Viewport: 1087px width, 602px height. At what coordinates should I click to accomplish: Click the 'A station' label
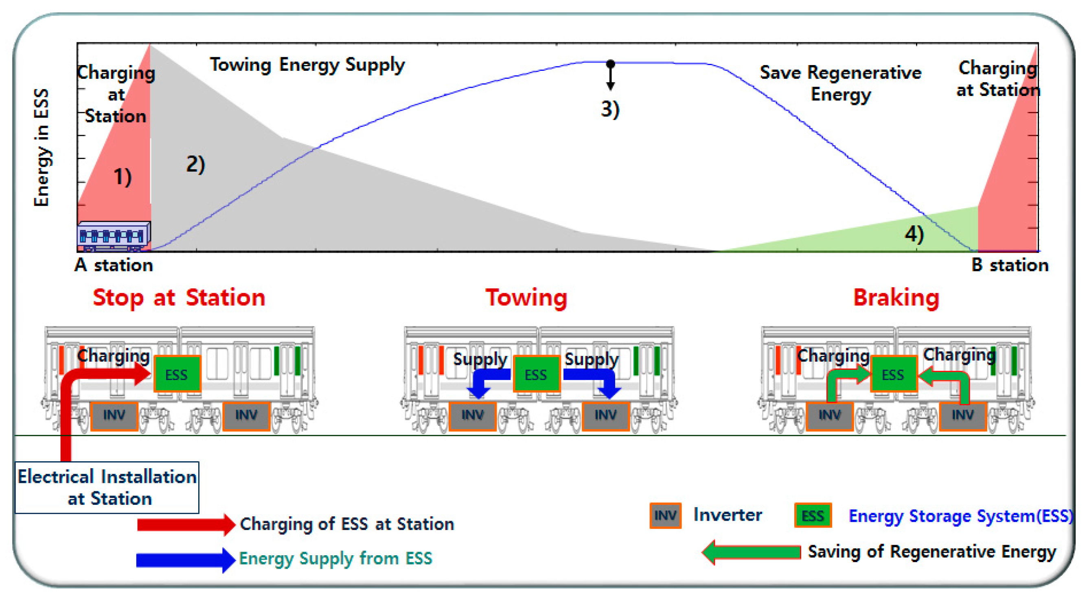coord(114,265)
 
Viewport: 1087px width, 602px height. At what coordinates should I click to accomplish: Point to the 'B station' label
coord(1009,265)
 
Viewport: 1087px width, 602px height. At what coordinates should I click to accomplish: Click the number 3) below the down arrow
coord(610,109)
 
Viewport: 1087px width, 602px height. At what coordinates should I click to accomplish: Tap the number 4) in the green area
coord(914,234)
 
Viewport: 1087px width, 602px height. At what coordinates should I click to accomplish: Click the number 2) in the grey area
coord(195,164)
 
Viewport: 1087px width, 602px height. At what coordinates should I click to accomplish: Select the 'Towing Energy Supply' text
coord(307,65)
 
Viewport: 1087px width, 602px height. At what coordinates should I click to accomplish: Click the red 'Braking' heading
coord(896,298)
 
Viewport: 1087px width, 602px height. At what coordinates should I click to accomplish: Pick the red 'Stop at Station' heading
coord(179,298)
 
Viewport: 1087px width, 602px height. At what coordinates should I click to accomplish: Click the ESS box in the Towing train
coord(536,374)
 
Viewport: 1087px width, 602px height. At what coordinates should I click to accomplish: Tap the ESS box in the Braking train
coord(893,374)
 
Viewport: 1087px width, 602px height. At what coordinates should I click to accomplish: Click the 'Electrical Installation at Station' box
coord(107,487)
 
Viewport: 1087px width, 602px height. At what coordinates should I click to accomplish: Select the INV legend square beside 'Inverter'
coord(665,515)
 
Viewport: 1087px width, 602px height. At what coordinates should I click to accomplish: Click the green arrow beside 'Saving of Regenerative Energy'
coord(751,552)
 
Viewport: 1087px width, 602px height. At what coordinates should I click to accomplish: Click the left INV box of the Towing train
coord(472,415)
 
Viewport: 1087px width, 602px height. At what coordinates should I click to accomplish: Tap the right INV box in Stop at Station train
coord(246,415)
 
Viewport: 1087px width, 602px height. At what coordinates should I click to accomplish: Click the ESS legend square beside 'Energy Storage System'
coord(812,515)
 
